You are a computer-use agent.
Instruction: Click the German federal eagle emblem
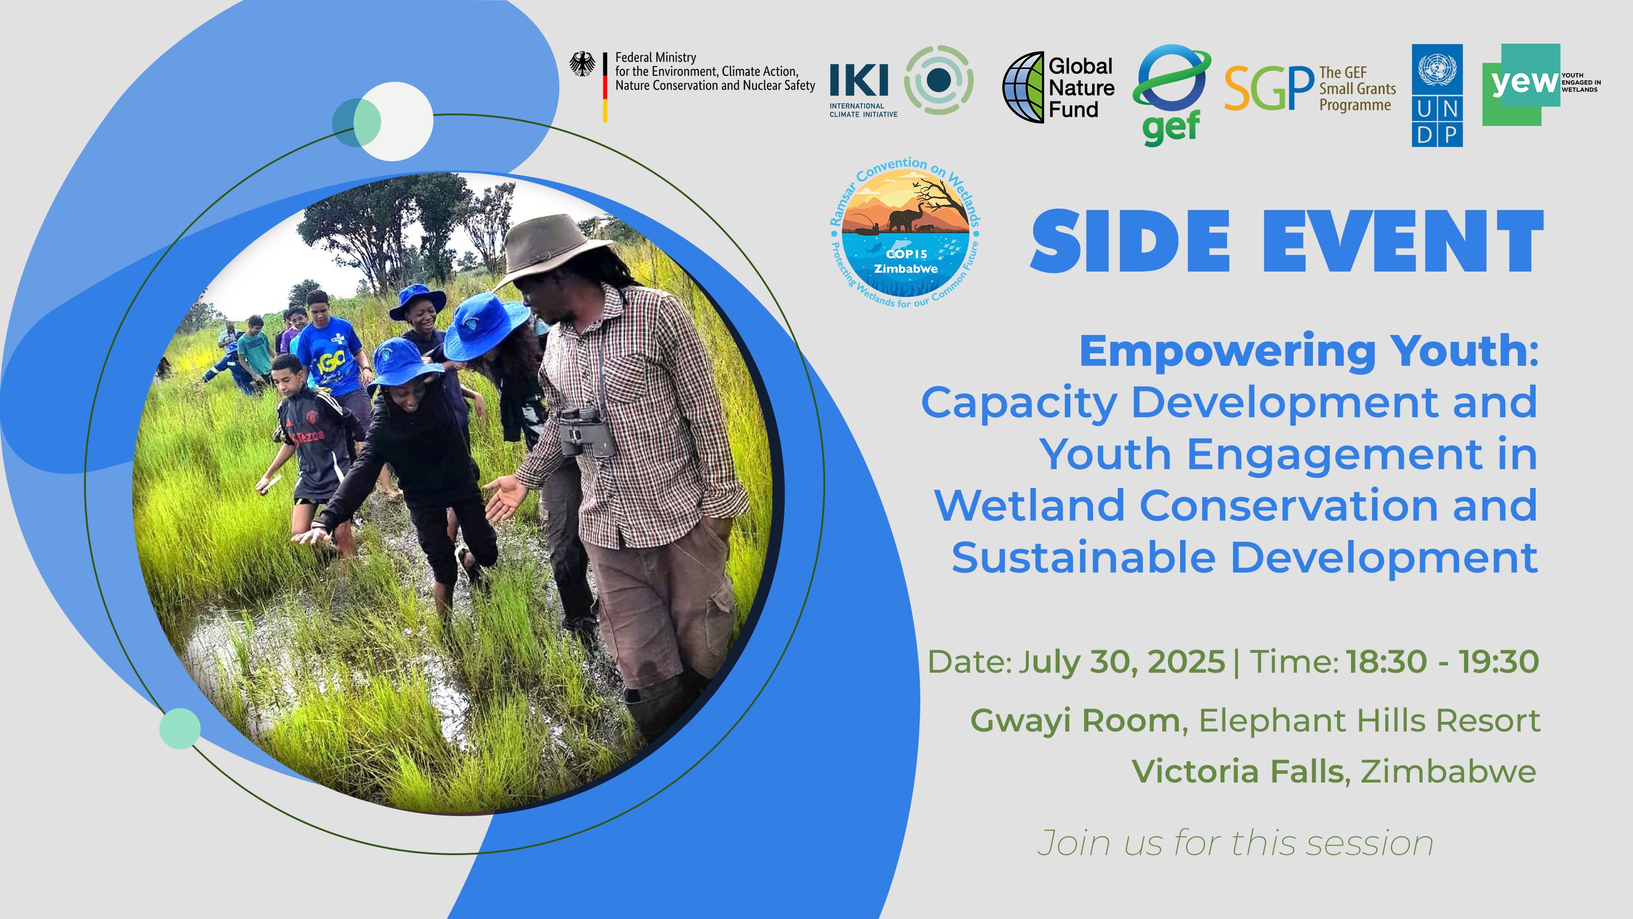point(582,64)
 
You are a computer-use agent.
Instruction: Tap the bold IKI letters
point(858,80)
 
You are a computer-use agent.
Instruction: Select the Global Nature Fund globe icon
point(1023,87)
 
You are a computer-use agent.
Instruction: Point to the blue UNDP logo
point(1436,95)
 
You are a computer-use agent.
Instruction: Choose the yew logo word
point(1523,82)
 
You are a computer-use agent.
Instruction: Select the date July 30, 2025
point(1121,662)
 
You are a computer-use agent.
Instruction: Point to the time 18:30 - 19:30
point(1442,662)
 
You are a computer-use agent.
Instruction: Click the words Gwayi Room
point(1075,720)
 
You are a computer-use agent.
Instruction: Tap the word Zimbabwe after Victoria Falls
point(1448,772)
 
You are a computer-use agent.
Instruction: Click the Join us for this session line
point(1235,844)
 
